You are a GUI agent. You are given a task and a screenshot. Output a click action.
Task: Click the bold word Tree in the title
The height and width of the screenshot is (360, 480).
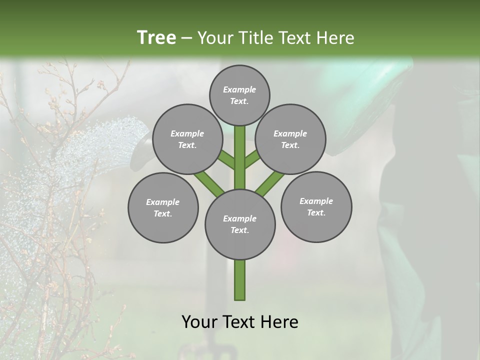(x=156, y=37)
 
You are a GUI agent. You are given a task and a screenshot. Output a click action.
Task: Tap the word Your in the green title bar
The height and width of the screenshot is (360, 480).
(x=214, y=38)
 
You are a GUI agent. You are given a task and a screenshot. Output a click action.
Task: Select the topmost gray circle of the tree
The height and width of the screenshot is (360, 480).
(x=239, y=95)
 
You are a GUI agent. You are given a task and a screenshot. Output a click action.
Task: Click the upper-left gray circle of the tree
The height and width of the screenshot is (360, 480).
(x=187, y=139)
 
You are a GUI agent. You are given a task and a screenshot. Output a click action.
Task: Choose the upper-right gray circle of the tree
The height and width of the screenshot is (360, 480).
(x=290, y=139)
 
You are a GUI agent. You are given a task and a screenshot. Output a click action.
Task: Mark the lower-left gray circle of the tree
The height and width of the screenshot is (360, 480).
(x=163, y=207)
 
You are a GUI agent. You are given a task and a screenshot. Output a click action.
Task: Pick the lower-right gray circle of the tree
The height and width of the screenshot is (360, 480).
(x=316, y=206)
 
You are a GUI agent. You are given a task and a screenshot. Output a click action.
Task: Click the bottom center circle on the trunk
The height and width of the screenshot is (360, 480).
(x=240, y=224)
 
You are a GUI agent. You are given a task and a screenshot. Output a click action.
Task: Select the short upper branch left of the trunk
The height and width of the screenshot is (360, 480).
(x=226, y=160)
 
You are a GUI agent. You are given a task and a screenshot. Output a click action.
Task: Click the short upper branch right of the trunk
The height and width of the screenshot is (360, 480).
(x=253, y=160)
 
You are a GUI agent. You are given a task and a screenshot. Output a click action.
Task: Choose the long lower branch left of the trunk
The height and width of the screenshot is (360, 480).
(x=209, y=182)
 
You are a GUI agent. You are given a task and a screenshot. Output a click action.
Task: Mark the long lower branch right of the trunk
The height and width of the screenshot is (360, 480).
(x=270, y=183)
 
